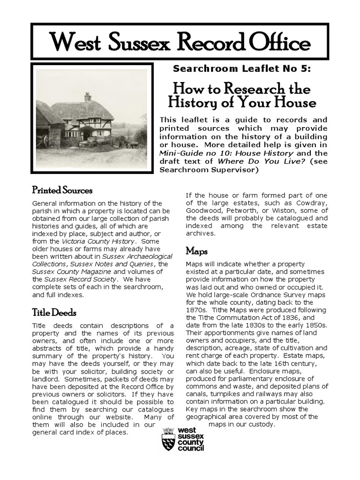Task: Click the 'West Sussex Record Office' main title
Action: click(180, 43)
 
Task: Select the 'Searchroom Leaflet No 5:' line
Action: click(241, 69)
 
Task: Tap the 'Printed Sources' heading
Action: click(62, 190)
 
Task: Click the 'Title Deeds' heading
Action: click(54, 313)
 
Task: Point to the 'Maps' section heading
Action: click(196, 251)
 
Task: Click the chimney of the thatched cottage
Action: click(87, 97)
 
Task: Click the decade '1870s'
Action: click(196, 310)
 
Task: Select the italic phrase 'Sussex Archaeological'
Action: click(137, 256)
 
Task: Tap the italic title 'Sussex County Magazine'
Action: click(72, 271)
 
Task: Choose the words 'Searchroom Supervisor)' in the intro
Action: click(209, 170)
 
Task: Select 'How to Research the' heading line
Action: click(241, 88)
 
